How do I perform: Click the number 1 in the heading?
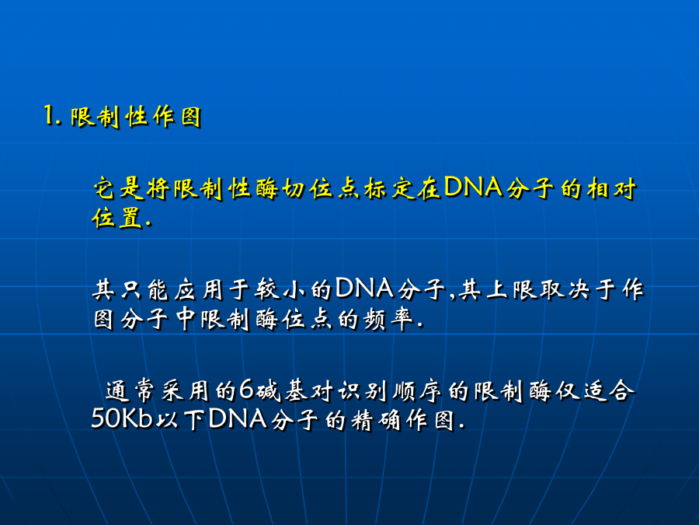click(49, 116)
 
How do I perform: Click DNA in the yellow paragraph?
click(474, 187)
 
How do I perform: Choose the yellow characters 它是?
click(118, 188)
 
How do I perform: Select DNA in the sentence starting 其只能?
click(365, 288)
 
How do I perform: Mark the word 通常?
click(130, 390)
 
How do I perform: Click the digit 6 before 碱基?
click(246, 390)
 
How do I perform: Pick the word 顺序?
click(417, 390)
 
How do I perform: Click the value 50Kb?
click(122, 418)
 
